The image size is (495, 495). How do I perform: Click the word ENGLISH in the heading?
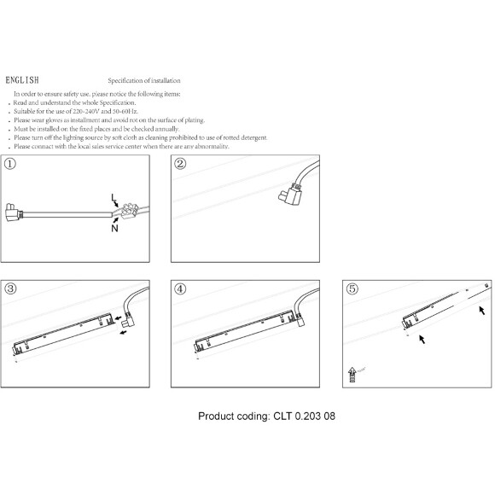tap(22, 80)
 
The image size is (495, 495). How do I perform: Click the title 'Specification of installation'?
tap(144, 80)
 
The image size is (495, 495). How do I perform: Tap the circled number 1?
tap(10, 164)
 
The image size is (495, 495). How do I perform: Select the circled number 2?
tap(180, 164)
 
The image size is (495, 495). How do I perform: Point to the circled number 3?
tap(10, 288)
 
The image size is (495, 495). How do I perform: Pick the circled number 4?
tap(180, 288)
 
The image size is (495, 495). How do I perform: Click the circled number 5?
tap(352, 288)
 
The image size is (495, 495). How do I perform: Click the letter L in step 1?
tap(114, 198)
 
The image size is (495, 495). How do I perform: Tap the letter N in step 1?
tap(114, 228)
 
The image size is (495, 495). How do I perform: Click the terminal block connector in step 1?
tap(130, 211)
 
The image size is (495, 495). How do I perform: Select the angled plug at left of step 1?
tap(14, 213)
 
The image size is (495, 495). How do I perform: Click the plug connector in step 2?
tap(290, 194)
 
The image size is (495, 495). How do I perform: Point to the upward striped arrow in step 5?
tap(352, 375)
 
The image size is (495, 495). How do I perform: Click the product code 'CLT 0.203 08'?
tap(305, 416)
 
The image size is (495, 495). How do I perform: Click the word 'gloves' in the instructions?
tap(55, 120)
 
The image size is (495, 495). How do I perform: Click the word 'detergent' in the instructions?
tap(253, 137)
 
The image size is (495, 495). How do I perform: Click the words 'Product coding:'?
tap(234, 416)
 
